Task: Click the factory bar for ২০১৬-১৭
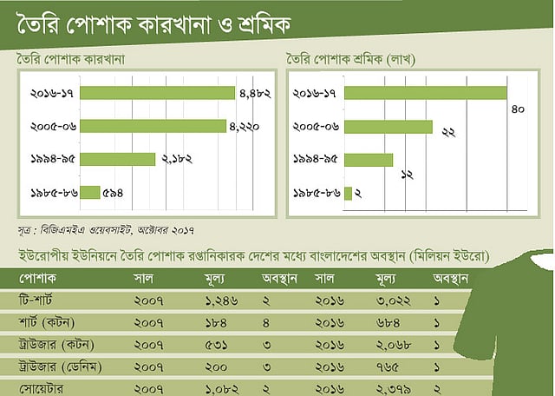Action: pos(157,93)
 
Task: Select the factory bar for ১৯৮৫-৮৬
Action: pos(90,193)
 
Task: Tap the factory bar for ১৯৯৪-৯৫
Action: pos(117,160)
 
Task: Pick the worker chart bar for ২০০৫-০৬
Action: pos(388,127)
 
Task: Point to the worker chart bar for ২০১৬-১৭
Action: pos(425,93)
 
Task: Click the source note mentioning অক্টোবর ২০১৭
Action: pos(104,230)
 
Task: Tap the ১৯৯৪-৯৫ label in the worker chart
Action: pos(317,160)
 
